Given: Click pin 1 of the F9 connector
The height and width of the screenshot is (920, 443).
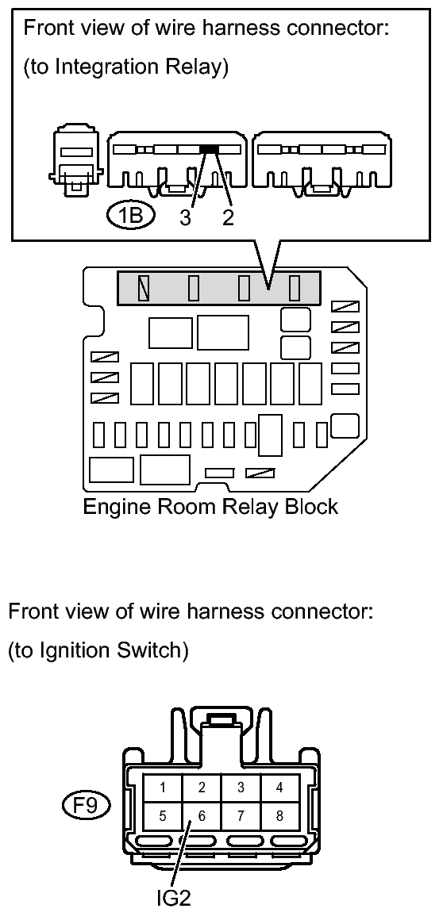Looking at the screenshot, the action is (x=163, y=788).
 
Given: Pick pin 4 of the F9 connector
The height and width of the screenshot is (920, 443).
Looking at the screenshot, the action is (x=280, y=788).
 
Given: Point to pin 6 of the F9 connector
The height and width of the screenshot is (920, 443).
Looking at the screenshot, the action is (x=202, y=816).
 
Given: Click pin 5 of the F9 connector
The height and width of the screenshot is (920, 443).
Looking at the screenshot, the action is (x=163, y=816).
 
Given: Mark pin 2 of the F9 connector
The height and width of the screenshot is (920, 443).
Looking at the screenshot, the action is (x=202, y=788).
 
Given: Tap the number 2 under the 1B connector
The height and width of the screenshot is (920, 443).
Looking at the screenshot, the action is (x=228, y=217).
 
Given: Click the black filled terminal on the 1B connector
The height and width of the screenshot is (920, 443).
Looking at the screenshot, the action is (x=209, y=149).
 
